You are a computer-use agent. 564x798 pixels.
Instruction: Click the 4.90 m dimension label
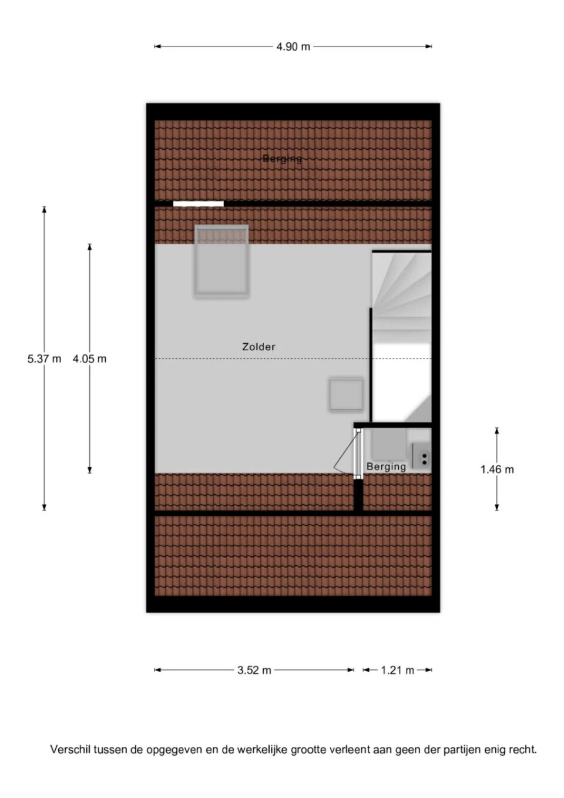293,46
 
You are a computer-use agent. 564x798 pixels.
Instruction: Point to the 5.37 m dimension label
44,358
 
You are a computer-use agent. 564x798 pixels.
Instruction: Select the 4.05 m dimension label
89,358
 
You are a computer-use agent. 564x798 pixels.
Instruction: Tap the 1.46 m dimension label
496,470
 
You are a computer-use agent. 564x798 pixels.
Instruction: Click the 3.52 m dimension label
254,670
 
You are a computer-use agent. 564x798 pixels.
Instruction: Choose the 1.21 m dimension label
397,670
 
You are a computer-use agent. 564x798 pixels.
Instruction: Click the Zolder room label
258,347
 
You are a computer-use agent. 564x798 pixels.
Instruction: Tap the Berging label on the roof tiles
282,159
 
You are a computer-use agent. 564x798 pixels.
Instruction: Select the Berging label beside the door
386,467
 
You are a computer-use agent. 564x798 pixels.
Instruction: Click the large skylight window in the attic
221,260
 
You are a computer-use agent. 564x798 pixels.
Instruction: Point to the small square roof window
346,394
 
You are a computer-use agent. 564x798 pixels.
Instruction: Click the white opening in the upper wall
199,204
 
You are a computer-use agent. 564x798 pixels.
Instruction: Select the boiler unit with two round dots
422,455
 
